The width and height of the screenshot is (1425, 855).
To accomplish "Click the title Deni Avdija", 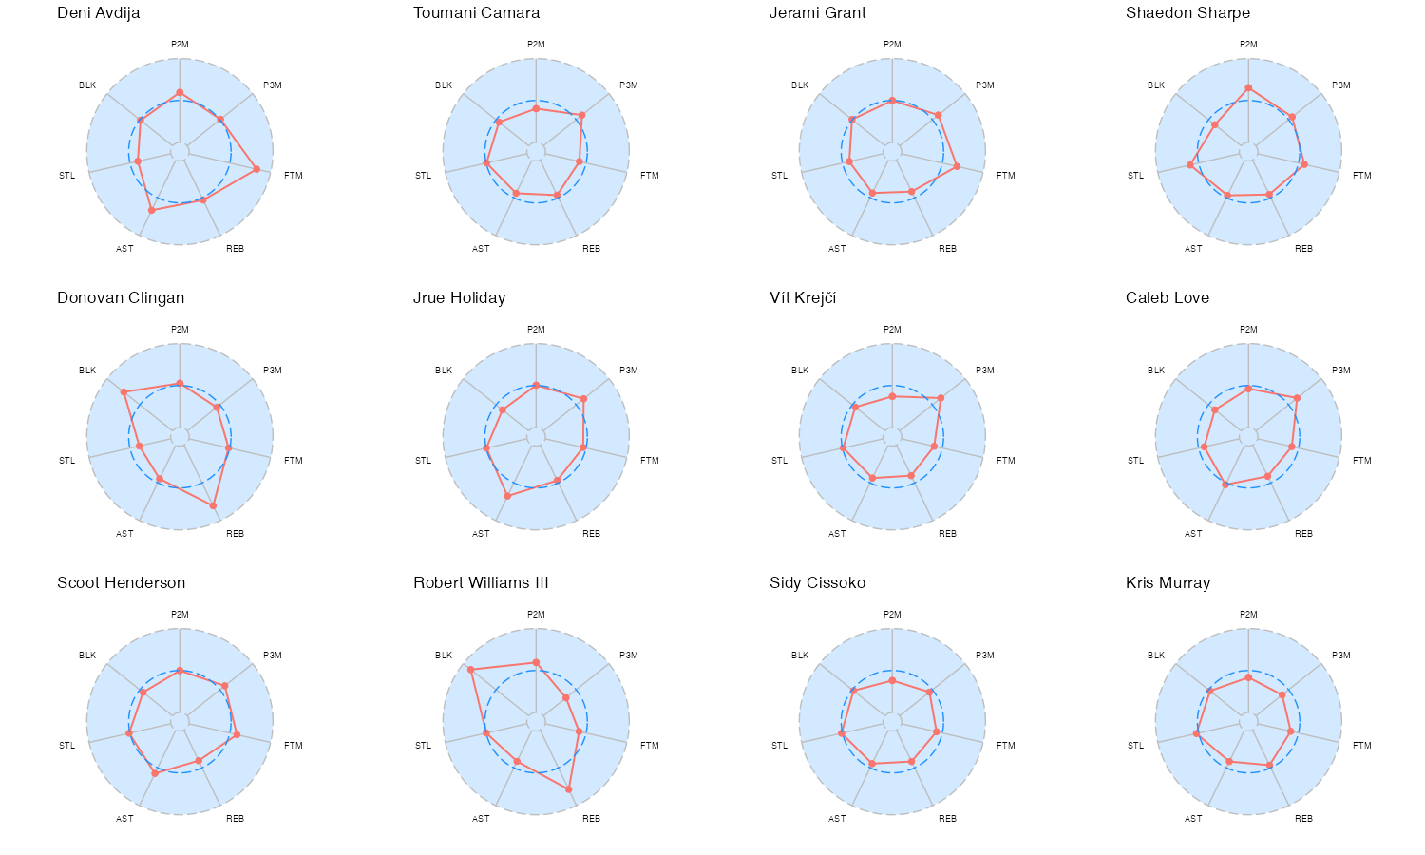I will click(x=99, y=13).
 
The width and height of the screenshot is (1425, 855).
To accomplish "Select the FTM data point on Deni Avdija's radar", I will click(x=256, y=169).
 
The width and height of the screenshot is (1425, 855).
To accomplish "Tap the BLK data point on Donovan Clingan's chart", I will click(x=123, y=391).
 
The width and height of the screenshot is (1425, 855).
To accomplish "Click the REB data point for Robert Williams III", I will click(x=569, y=789).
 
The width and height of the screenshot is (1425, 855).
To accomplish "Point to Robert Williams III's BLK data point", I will click(x=470, y=670).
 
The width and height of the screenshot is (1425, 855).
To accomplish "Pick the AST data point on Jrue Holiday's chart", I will click(x=507, y=496).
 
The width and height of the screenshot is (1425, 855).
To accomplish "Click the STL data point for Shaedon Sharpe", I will click(x=1190, y=165).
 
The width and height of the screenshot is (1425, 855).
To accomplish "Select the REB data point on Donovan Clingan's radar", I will click(x=213, y=505).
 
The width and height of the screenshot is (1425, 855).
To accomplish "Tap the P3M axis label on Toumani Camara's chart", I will click(x=629, y=85).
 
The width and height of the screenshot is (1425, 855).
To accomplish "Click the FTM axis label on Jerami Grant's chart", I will click(x=1006, y=176).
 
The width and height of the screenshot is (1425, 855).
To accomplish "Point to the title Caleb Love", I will click(x=1168, y=298).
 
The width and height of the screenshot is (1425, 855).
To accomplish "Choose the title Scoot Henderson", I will click(x=121, y=583).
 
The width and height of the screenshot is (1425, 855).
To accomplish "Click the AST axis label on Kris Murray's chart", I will click(x=1193, y=819).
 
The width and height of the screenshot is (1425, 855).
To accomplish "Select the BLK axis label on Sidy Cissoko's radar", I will click(x=800, y=655).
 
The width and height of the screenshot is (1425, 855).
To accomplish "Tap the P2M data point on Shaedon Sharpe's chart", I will click(x=1248, y=88).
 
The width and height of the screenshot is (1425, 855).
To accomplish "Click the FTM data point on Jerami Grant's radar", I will click(x=957, y=166).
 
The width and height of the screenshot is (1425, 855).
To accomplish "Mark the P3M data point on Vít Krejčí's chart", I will click(x=940, y=398).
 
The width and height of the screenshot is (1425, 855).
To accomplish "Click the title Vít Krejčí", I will click(x=803, y=298).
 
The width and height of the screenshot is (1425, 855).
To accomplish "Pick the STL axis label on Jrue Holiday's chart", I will click(x=423, y=461).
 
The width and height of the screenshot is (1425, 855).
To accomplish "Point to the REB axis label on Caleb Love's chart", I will click(x=1303, y=534).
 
